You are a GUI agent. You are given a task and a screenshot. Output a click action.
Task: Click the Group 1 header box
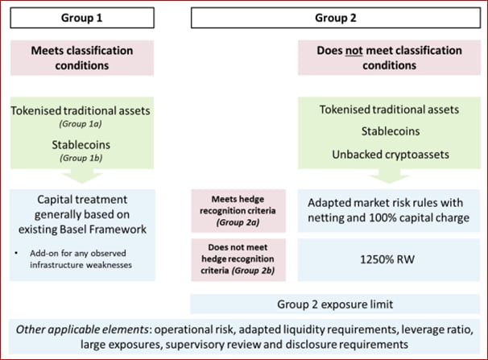82,18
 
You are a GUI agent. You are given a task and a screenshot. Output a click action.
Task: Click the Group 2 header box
336,18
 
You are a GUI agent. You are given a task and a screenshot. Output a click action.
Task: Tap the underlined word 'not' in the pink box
354,51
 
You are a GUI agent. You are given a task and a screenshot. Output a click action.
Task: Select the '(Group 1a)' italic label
81,124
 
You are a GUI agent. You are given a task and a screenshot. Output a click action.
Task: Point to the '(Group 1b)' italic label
81,158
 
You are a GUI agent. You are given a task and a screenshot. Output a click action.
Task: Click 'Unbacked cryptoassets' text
391,155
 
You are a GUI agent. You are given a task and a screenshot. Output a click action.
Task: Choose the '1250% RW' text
387,259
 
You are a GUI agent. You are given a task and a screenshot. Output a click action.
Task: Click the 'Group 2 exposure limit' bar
335,304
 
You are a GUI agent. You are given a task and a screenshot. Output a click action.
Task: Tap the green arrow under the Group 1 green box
82,176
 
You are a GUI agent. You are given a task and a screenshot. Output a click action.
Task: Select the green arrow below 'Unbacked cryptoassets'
389,176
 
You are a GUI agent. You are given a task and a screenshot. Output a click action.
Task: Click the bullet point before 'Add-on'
16,253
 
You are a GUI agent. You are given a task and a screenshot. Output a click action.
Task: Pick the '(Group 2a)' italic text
238,222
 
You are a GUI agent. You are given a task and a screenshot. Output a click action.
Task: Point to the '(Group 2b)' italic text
253,271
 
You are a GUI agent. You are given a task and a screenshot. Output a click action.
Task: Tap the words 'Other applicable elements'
82,329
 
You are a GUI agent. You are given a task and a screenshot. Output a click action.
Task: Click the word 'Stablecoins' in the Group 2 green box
391,131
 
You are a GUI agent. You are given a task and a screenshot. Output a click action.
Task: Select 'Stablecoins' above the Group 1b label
81,145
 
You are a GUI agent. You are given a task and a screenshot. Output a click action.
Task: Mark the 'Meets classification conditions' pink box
82,58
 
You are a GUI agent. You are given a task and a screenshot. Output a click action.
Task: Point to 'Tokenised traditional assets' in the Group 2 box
389,110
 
